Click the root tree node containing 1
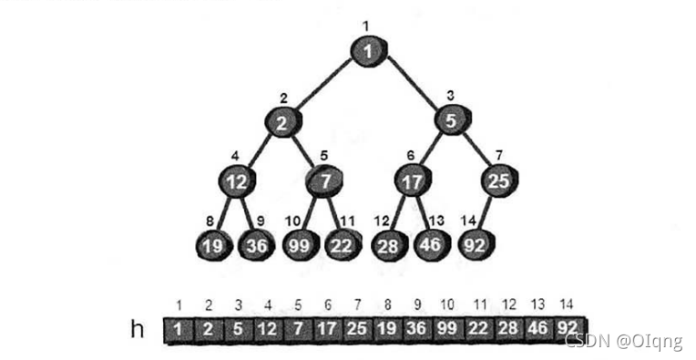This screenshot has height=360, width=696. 369,51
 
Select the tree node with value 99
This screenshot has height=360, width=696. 300,245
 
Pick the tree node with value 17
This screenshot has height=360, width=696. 413,180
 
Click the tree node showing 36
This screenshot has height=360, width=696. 256,245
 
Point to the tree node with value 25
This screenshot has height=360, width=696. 499,180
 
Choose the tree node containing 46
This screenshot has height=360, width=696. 432,245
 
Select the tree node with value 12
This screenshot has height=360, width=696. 237,180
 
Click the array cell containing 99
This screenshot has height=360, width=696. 447,329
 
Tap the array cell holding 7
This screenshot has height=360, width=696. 298,329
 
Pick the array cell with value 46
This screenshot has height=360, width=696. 537,329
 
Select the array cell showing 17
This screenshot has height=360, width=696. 328,329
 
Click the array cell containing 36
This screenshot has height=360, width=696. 417,329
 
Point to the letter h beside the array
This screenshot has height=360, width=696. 138,329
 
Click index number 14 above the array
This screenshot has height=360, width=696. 566,304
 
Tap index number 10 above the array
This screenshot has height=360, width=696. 447,305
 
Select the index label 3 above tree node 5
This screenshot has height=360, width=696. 450,96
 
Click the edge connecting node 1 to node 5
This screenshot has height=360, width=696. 413,84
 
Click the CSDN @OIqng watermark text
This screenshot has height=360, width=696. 624,341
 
